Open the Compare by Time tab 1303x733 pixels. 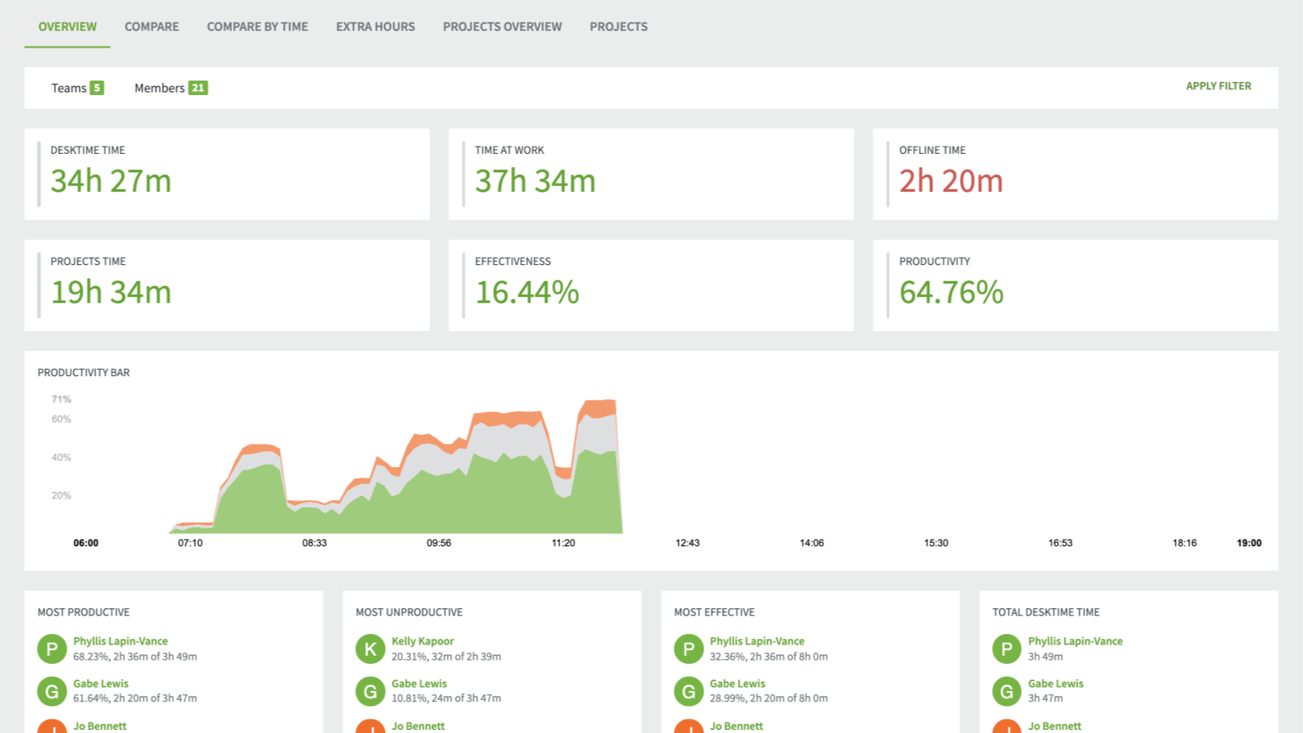point(257,27)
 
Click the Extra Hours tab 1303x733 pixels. point(375,27)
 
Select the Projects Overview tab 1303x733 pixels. point(502,27)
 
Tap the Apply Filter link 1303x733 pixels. point(1218,86)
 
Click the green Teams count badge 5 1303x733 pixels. point(97,88)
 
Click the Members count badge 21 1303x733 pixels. point(198,88)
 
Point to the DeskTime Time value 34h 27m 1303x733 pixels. point(111,181)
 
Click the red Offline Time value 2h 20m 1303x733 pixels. point(951,181)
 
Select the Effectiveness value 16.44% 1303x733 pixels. point(527,292)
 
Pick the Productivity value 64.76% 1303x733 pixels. point(951,292)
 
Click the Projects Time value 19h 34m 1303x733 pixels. point(111,292)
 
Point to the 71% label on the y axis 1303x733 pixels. point(61,400)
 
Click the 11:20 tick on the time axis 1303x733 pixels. point(563,543)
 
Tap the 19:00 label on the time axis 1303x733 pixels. point(1248,543)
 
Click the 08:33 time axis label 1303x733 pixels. point(314,543)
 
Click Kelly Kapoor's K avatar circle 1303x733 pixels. point(371,648)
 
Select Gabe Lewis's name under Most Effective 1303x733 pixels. point(737,684)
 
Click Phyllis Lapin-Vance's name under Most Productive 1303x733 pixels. point(120,641)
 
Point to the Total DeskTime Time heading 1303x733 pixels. point(1045,612)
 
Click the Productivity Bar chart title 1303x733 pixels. point(84,372)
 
